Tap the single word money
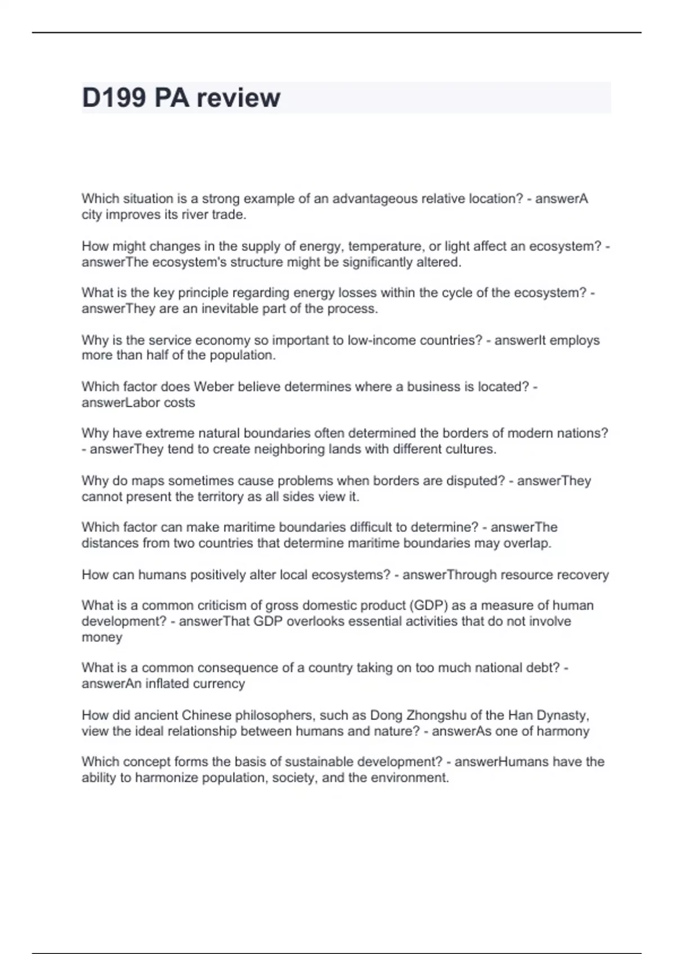click(102, 637)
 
